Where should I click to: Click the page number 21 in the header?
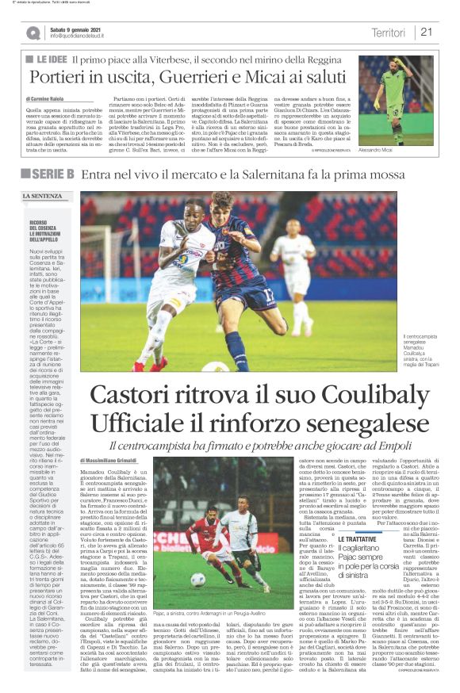(x=427, y=32)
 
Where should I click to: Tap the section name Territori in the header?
(x=388, y=32)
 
